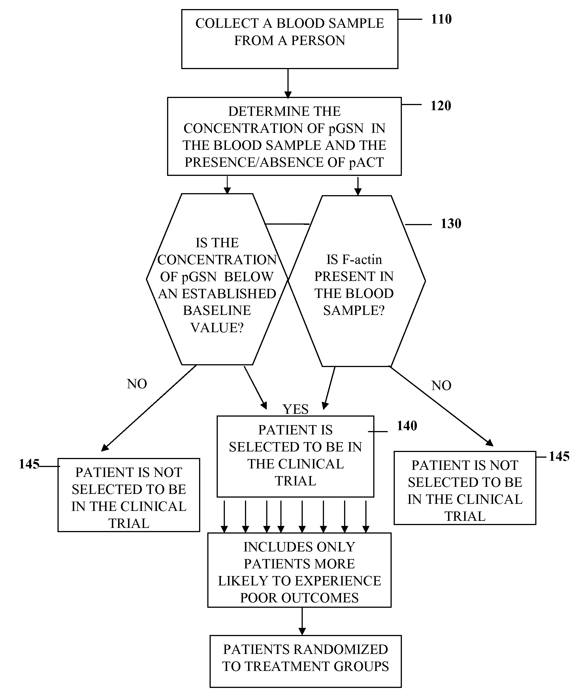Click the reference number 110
[441, 19]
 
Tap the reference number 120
[441, 106]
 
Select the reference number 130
[451, 224]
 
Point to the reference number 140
[407, 426]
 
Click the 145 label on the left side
[29, 464]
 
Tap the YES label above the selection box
[295, 410]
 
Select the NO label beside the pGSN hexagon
[137, 384]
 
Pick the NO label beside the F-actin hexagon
[441, 385]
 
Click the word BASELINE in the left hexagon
[217, 311]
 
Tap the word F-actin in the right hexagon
[362, 260]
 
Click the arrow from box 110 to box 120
[288, 83]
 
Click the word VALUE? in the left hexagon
[217, 328]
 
